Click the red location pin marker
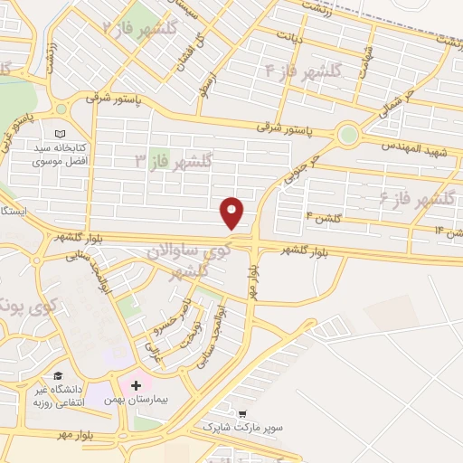point(233,212)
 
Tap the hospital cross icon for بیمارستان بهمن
point(137,385)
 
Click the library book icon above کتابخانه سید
point(61,133)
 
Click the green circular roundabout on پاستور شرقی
point(347,136)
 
